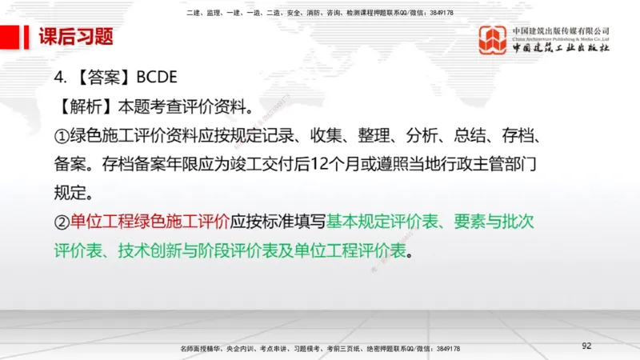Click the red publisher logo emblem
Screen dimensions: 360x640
[493, 40]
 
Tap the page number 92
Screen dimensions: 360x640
[586, 346]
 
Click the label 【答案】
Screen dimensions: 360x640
[100, 78]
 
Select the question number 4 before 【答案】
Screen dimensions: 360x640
[58, 78]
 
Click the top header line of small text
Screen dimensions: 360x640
[319, 14]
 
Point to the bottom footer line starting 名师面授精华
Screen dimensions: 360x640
[320, 350]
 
